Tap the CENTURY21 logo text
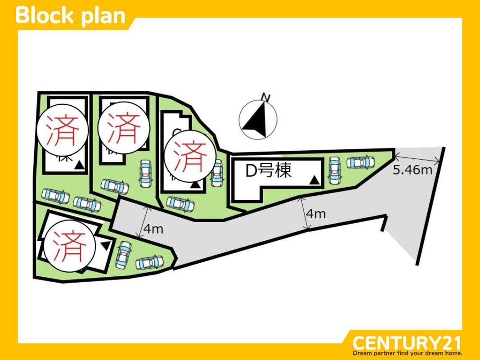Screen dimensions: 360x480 pos(407,343)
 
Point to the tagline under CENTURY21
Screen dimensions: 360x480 pos(407,353)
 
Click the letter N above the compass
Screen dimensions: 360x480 pos(266,97)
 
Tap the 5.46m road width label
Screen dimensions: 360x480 pos(412,170)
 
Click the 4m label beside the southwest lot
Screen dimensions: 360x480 pos(153,229)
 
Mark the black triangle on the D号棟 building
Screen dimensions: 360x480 pos(315,181)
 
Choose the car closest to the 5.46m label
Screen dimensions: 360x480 pos(361,162)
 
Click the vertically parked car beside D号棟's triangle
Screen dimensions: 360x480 pos(334,170)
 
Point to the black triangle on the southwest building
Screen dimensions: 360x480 pos(105,245)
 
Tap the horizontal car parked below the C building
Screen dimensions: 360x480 pos(180,203)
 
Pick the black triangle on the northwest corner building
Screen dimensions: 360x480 pos(79,166)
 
